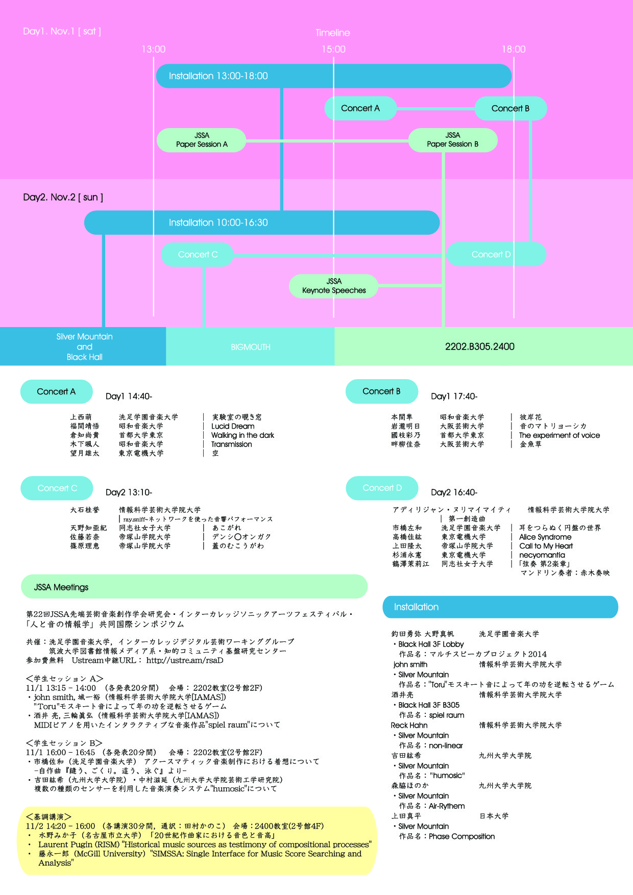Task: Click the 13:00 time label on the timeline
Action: (x=154, y=49)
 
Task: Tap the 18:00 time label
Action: (x=514, y=49)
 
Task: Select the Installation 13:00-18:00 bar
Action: (x=333, y=76)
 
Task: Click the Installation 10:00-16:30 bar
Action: (x=261, y=222)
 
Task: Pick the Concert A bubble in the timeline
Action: (x=360, y=108)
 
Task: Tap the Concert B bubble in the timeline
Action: (x=510, y=108)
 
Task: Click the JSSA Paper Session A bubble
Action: (x=202, y=140)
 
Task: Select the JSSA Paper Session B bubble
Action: (x=453, y=140)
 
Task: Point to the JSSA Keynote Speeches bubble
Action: (x=334, y=286)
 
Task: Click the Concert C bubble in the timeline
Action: (x=198, y=254)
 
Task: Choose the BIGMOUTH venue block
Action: (x=250, y=347)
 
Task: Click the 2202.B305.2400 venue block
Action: (x=480, y=346)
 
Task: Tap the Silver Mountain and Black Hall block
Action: (x=84, y=346)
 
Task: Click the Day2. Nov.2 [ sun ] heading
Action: (x=63, y=197)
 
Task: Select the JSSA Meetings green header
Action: (x=194, y=587)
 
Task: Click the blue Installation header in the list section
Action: (x=500, y=607)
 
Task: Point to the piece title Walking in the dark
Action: (x=242, y=435)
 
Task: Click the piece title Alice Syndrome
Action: (x=545, y=537)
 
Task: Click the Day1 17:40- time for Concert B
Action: (x=454, y=396)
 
